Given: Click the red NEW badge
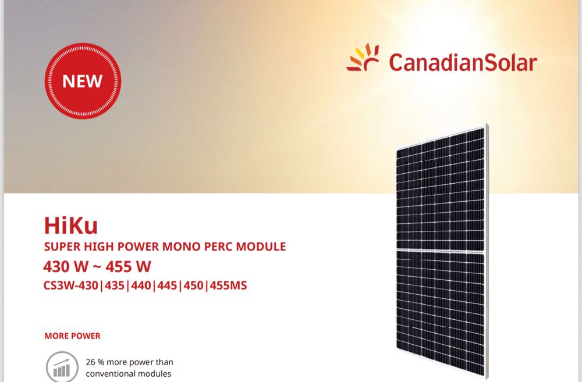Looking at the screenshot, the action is pos(83,81).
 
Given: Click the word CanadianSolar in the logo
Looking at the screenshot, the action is pos(463,62).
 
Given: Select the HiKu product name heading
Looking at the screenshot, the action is pos(70,225).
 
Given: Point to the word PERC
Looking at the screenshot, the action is pos(217,247).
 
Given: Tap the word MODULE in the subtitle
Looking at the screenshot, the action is pos(261,247).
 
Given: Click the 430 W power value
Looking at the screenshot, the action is pos(66,267).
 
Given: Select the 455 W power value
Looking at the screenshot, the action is pos(129,267).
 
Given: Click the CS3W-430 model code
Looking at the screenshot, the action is pos(71,285).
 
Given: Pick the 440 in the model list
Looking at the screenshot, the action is pos(141,285).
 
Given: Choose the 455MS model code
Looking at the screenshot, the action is pos(228,285).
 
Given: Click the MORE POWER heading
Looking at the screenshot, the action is pos(72,336).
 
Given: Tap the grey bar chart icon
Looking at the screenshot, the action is pos(62,367).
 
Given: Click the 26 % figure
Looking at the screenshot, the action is pos(95,362).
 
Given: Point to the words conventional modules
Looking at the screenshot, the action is pos(129,373).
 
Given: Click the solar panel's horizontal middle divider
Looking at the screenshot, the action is pos(441,252).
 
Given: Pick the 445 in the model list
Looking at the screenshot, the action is pos(167,285).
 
